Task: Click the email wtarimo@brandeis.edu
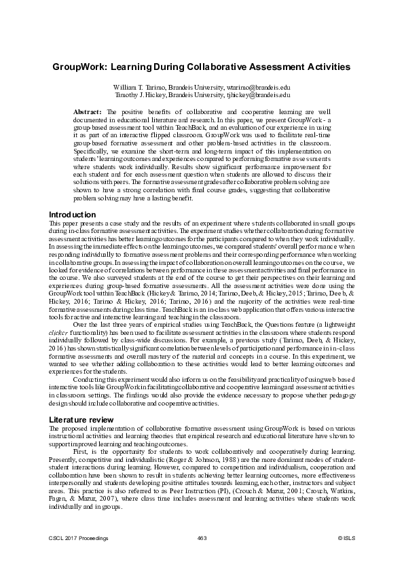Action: pyautogui.click(x=259, y=88)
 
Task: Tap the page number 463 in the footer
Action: pyautogui.click(x=202, y=539)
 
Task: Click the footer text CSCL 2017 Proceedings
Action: pyautogui.click(x=79, y=539)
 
